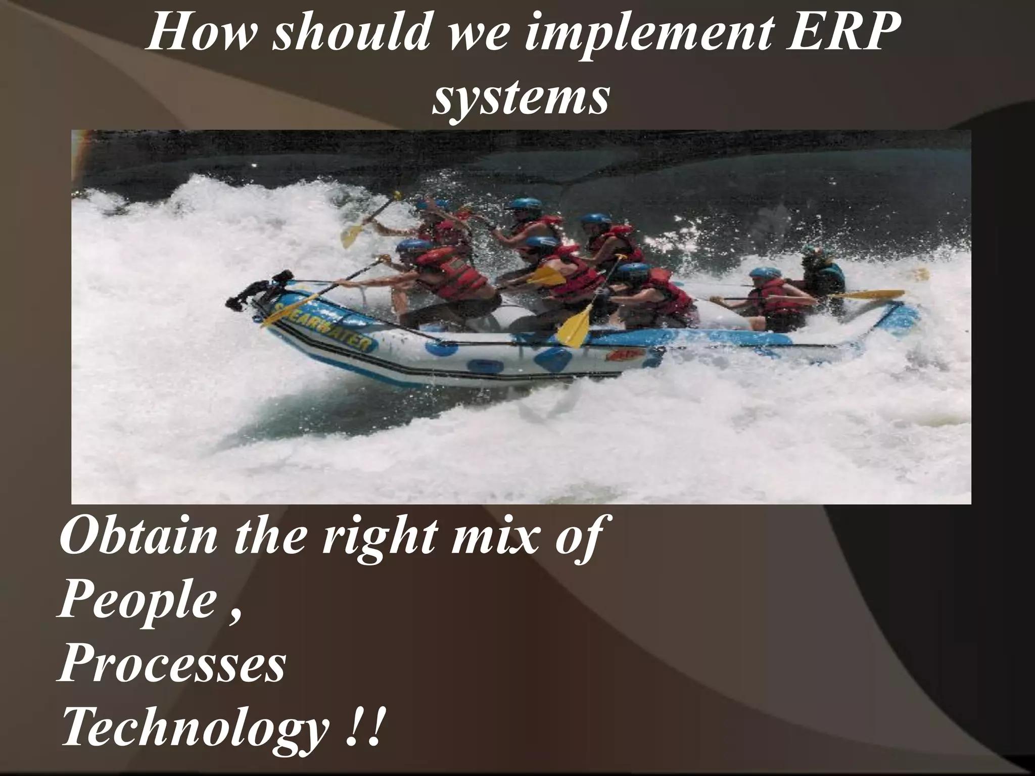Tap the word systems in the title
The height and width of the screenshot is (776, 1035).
point(520,97)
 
